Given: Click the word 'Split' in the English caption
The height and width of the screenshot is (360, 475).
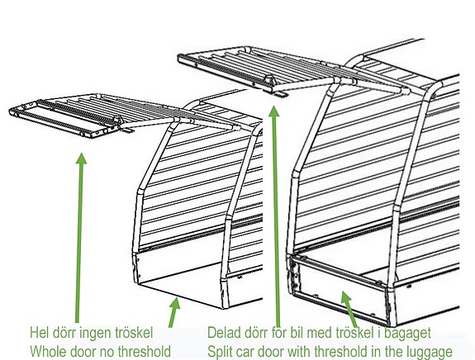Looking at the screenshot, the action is (218, 352).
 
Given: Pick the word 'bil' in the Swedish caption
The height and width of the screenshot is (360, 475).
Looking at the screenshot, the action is (291, 333).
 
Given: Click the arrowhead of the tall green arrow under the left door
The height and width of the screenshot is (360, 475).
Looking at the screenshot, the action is (81, 159).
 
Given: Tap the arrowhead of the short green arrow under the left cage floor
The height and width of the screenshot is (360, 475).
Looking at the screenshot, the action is (175, 303).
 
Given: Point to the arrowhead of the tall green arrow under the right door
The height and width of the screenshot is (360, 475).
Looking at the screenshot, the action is (274, 111).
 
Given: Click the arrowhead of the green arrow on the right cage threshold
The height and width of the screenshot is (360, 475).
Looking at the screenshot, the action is (346, 296).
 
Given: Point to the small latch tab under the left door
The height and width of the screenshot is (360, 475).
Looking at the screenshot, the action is (127, 130).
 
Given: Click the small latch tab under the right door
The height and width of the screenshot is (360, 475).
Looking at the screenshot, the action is (280, 94).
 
